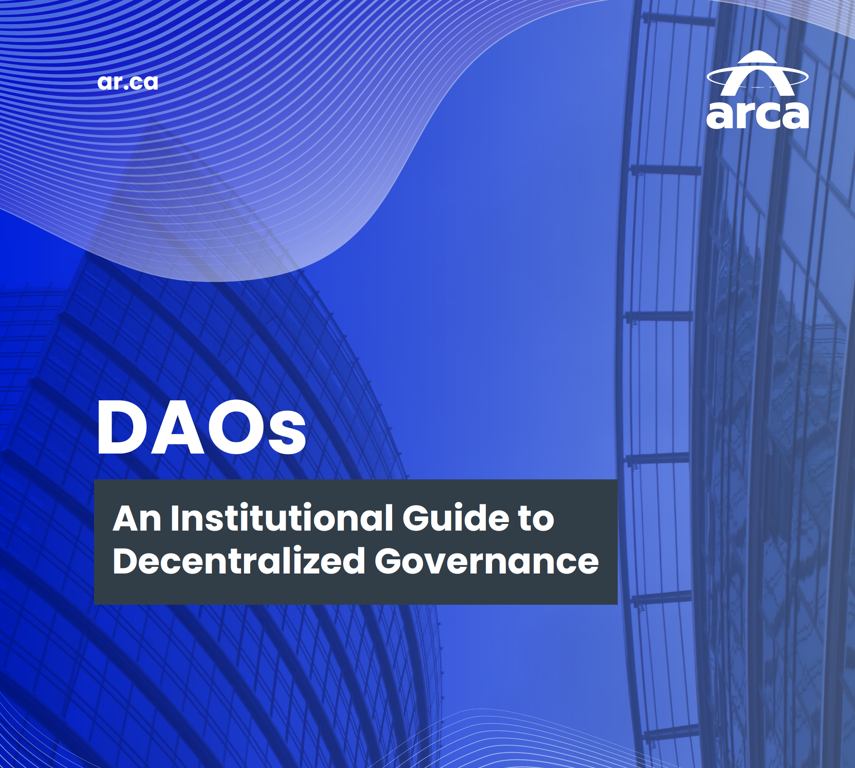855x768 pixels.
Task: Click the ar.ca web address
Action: coord(127,82)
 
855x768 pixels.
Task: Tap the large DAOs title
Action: coord(201,427)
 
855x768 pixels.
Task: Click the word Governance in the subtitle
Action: coord(487,561)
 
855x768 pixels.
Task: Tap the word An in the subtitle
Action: coord(137,519)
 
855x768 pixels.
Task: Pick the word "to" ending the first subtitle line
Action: coord(537,519)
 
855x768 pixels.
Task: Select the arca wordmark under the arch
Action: coord(758,115)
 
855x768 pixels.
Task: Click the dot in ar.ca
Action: coord(125,87)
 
